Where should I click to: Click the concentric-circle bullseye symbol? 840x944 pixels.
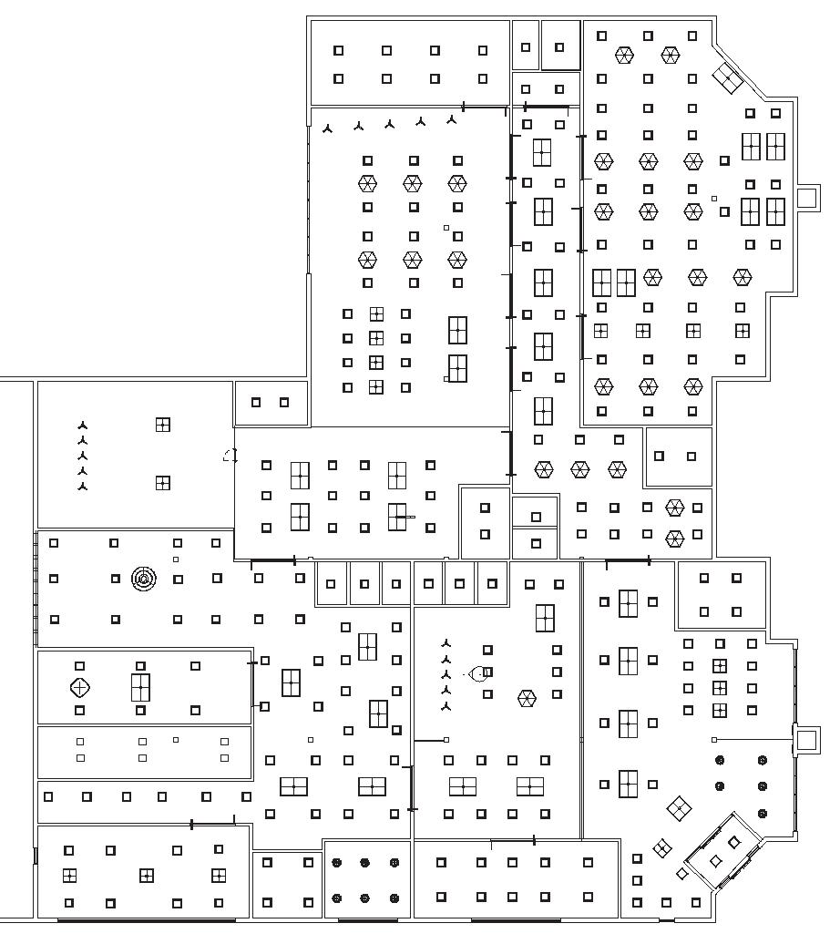pos(143,578)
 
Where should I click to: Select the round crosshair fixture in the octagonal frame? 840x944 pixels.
pos(80,687)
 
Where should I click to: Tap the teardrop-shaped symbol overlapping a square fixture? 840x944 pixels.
pos(476,673)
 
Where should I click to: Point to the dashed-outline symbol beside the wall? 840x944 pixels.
pos(230,457)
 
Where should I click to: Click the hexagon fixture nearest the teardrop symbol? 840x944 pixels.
pos(527,699)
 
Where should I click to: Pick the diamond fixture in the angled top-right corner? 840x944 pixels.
pos(729,78)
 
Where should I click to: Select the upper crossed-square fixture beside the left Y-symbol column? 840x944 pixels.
pos(162,425)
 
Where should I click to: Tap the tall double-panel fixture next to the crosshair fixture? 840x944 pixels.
pos(140,687)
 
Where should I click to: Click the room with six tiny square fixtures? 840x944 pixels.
pos(146,753)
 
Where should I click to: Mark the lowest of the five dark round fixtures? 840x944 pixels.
pos(763,813)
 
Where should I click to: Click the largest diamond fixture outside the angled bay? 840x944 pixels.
pos(678,807)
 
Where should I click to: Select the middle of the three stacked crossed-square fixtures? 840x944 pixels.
pos(720,688)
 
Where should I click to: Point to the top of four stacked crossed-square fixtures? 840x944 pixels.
pos(376,314)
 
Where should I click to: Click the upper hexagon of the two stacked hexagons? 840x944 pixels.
pos(674,508)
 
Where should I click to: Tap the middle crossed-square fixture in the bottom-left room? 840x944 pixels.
pos(147,876)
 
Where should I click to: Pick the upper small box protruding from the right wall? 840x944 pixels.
pos(807,197)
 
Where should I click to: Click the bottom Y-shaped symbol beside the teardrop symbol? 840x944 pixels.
pos(446,706)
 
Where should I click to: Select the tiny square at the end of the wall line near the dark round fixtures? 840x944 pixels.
pos(714,740)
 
